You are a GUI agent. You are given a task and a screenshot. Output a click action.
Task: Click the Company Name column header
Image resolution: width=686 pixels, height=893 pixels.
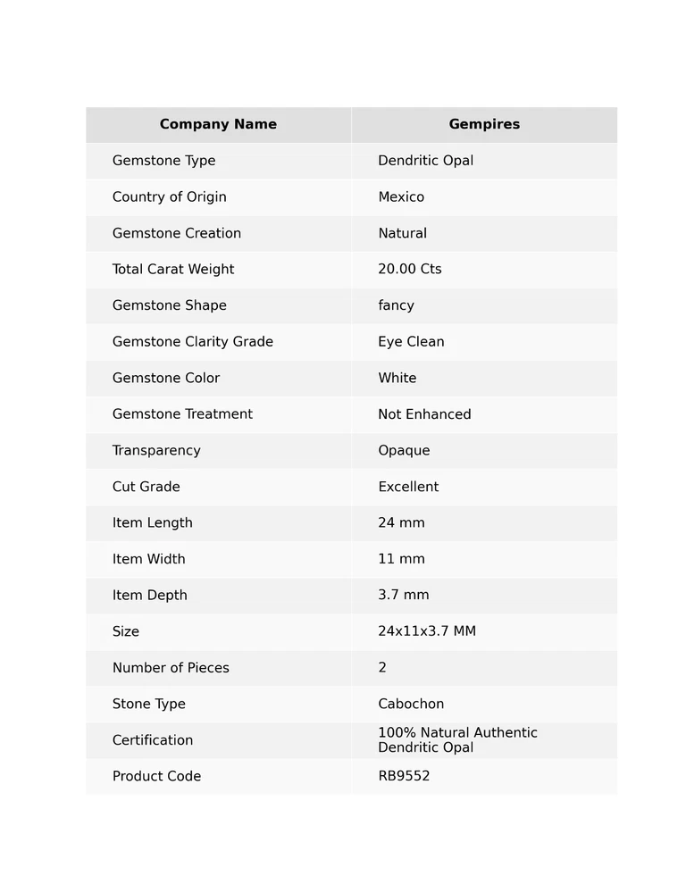click(218, 125)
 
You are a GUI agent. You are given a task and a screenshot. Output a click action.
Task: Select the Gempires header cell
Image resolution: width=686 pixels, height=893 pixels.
click(484, 125)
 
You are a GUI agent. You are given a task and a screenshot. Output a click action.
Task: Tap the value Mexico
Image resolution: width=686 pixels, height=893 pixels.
click(401, 197)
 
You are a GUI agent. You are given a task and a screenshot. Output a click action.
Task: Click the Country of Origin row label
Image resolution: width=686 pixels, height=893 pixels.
click(170, 197)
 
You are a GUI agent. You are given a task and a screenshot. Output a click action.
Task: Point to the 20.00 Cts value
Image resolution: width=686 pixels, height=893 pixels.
click(410, 270)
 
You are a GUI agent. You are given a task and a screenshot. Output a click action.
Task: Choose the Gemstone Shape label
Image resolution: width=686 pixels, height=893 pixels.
click(170, 305)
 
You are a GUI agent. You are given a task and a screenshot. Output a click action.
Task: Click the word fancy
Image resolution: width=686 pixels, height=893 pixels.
click(396, 305)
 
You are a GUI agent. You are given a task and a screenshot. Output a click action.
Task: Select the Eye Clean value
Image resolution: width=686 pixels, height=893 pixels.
click(411, 342)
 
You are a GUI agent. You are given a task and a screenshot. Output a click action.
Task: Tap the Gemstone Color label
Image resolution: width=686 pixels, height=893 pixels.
click(166, 379)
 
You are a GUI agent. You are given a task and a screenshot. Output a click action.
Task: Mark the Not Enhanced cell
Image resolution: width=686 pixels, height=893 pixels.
click(424, 414)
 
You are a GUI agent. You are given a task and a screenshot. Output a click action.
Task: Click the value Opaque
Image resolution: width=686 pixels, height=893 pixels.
click(404, 451)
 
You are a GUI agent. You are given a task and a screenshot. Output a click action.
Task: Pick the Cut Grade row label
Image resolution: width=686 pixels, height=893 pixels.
click(146, 487)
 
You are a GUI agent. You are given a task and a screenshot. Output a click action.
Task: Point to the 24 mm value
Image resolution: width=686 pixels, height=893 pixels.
click(401, 523)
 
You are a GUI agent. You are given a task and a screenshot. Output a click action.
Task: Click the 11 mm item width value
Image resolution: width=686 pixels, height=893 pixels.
click(401, 559)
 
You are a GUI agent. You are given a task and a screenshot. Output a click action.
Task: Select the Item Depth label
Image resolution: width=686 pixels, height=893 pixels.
click(150, 596)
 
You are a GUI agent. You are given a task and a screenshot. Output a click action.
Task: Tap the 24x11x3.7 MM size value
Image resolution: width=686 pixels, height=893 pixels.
click(427, 631)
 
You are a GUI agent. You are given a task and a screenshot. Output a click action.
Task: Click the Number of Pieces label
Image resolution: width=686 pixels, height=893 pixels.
click(171, 668)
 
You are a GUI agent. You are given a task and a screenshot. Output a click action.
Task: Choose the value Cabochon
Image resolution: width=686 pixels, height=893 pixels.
click(411, 705)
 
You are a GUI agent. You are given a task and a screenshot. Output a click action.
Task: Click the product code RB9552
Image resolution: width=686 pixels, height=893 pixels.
click(404, 777)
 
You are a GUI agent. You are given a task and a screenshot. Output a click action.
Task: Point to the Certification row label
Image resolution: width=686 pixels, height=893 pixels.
click(153, 740)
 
